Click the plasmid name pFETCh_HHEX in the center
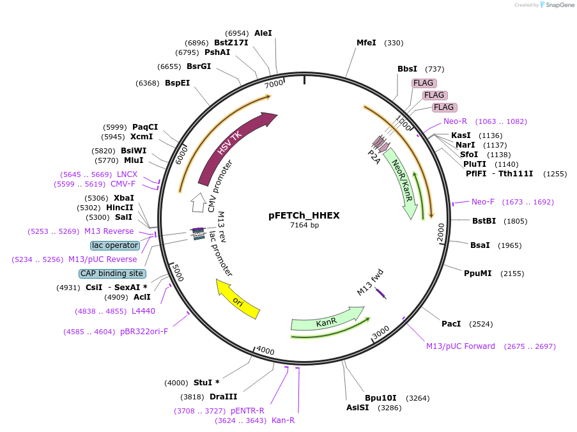pos(304,215)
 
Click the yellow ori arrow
pos(238,300)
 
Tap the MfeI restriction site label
pos(366,43)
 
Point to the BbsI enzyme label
pos(407,69)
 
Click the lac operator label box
pos(115,245)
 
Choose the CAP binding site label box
pos(112,274)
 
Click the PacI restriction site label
pos(451,324)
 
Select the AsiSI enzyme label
pos(357,407)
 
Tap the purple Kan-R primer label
pos(283,420)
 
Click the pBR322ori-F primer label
pos(144,332)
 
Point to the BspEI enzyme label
pos(177,83)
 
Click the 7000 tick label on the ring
pos(274,84)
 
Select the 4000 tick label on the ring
pos(265,350)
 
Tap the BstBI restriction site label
pos(484,221)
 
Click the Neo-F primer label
pos(483,202)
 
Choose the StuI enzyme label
pos(206,383)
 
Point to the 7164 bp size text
pos(304,226)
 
